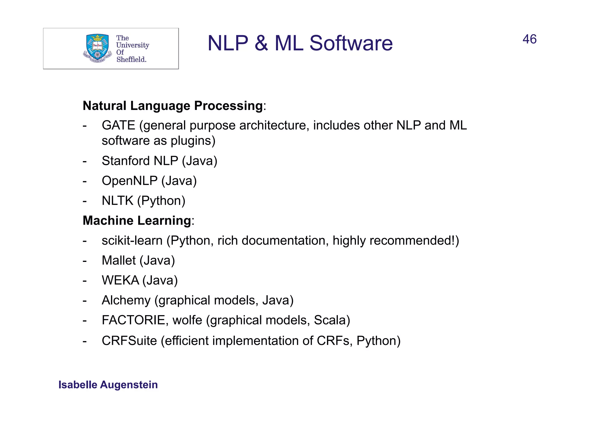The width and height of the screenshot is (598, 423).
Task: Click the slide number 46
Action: tap(529, 39)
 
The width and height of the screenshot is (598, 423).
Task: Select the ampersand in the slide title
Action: tap(261, 43)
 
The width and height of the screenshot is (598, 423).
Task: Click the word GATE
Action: tap(118, 125)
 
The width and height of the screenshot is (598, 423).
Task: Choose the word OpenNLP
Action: tap(129, 181)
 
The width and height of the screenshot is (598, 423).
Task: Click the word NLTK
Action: tap(117, 201)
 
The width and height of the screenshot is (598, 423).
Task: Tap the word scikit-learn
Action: tap(132, 241)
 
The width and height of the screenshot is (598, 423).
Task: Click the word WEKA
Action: tap(120, 280)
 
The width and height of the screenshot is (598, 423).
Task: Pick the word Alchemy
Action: tap(126, 301)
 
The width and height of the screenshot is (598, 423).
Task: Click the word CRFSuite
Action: tap(129, 341)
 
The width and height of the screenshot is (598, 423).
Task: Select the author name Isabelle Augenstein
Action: tap(108, 385)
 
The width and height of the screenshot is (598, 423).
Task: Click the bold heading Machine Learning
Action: tap(137, 220)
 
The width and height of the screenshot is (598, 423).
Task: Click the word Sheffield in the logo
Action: tap(131, 59)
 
